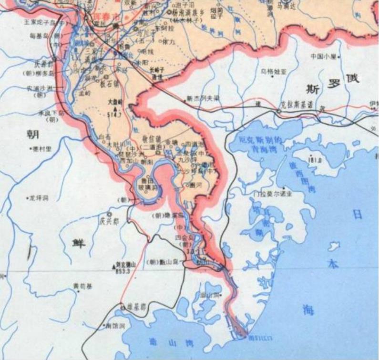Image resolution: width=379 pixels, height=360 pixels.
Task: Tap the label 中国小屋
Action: [324, 56]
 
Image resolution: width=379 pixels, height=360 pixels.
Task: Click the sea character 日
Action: [357, 215]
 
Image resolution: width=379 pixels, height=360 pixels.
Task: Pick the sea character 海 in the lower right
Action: [308, 310]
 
